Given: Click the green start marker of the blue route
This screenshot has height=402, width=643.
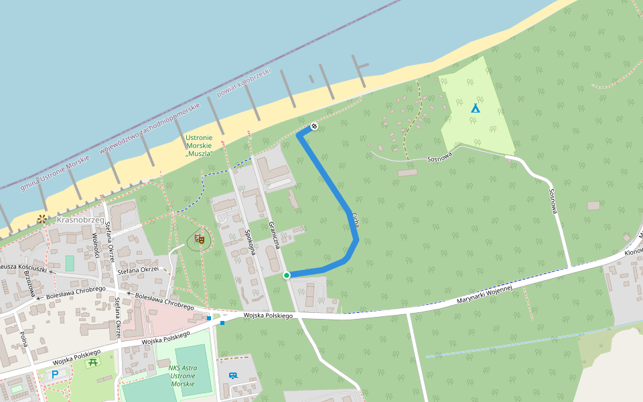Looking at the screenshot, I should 287,275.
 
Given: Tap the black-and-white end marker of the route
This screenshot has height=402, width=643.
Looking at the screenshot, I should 313,127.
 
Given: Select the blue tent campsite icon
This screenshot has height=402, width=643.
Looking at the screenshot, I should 476,108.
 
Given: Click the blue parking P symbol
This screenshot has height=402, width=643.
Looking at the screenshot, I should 55,375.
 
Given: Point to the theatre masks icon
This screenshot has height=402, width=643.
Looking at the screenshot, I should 199,238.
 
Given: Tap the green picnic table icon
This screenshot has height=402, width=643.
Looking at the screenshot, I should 93,362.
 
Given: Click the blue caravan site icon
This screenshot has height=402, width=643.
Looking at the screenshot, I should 233,376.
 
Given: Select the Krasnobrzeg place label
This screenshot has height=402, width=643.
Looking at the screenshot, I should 80,220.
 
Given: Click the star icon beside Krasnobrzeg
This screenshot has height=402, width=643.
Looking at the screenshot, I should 42,218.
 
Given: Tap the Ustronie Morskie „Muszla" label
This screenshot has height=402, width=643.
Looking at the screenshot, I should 199,145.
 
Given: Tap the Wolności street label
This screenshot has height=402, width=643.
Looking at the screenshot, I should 96,246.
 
